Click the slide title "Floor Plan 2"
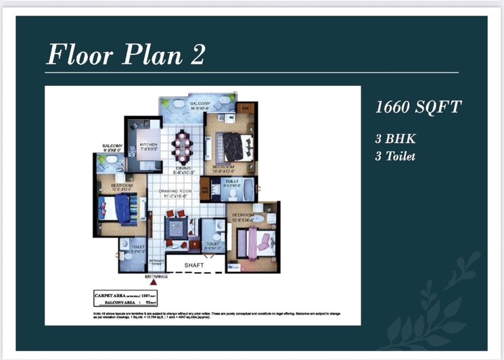pos(125,53)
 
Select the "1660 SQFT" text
pos(418,107)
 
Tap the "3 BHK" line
pos(394,139)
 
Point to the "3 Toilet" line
pos(396,156)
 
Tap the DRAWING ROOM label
pos(177,192)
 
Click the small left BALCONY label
pos(112,146)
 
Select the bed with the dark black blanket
pos(237,145)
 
